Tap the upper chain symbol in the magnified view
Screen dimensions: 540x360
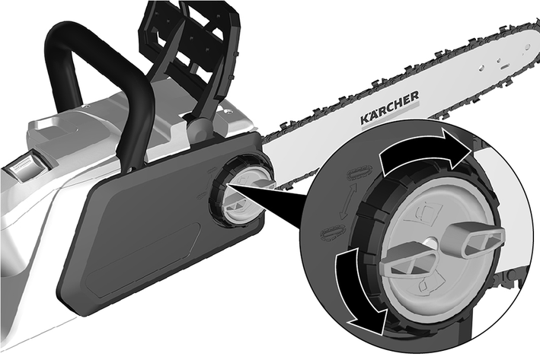tap(359, 172)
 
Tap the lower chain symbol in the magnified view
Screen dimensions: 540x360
tap(333, 233)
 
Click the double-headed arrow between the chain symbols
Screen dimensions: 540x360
tap(347, 202)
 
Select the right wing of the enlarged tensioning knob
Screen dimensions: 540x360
tap(474, 238)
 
